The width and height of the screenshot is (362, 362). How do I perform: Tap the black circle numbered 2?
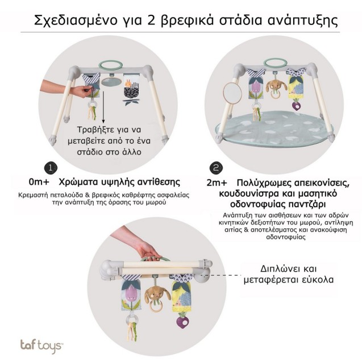point(215,168)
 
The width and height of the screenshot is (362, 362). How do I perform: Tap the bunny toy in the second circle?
point(276,85)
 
